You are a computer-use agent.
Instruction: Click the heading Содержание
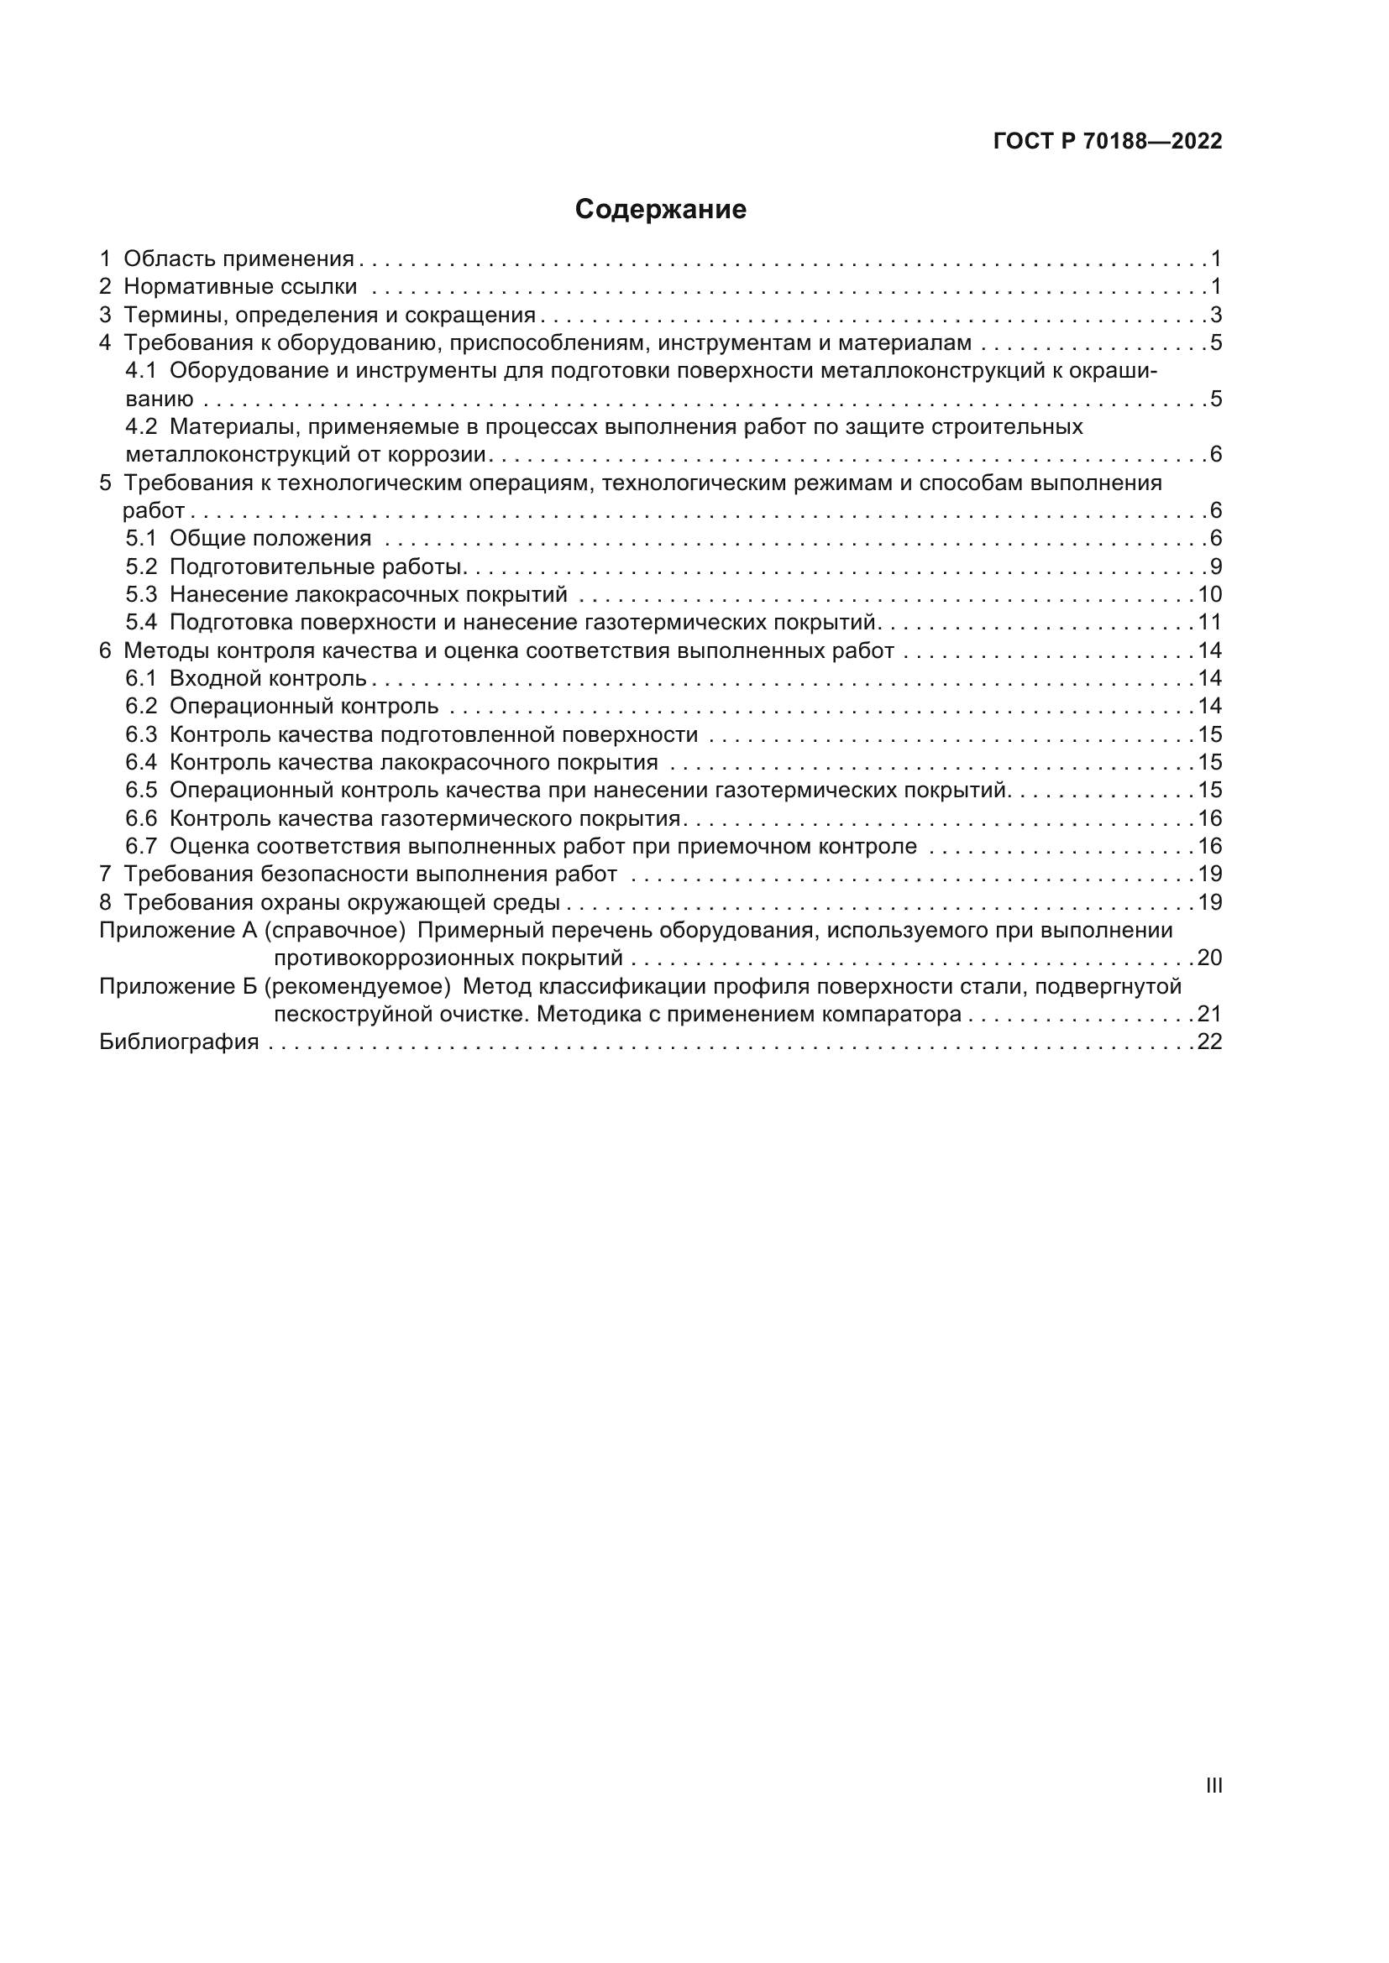click(660, 210)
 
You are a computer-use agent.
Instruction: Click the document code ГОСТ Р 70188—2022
click(1108, 141)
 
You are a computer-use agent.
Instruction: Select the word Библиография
click(179, 1042)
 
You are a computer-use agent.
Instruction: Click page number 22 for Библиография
click(1209, 1042)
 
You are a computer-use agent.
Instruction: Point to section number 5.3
click(141, 594)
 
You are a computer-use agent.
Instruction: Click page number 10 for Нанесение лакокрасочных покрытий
click(1209, 594)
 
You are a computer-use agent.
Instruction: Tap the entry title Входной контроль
click(268, 678)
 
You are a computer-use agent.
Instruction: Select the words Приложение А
click(178, 930)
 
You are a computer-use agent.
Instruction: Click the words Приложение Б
click(178, 987)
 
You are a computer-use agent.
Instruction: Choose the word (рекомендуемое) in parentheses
click(357, 987)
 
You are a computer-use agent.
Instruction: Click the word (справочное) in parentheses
click(334, 930)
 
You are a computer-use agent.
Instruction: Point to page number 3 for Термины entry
click(1215, 316)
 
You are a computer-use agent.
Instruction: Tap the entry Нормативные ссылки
click(240, 286)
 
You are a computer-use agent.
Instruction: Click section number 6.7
click(141, 847)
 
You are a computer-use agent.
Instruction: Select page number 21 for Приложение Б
click(1209, 1014)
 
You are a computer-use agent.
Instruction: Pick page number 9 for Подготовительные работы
click(1215, 566)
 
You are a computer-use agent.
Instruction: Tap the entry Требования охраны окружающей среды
click(341, 902)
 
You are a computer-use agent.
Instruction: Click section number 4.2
click(141, 426)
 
